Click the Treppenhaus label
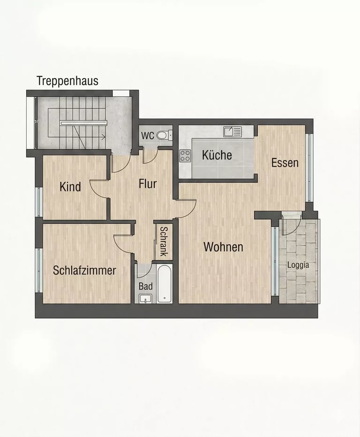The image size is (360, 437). (67, 81)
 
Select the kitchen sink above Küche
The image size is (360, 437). (232, 132)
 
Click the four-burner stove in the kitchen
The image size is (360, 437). (185, 156)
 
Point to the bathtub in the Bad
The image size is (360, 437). (165, 284)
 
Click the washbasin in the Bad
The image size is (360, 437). (145, 299)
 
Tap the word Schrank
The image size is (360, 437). (164, 241)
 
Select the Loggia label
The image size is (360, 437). (298, 265)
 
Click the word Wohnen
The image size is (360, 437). (223, 247)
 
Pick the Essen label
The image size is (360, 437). (285, 163)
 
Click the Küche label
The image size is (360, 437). (217, 155)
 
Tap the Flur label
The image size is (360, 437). (148, 184)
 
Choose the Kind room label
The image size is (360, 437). (70, 187)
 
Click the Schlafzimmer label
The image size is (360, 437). (84, 271)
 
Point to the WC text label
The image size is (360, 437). (147, 136)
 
